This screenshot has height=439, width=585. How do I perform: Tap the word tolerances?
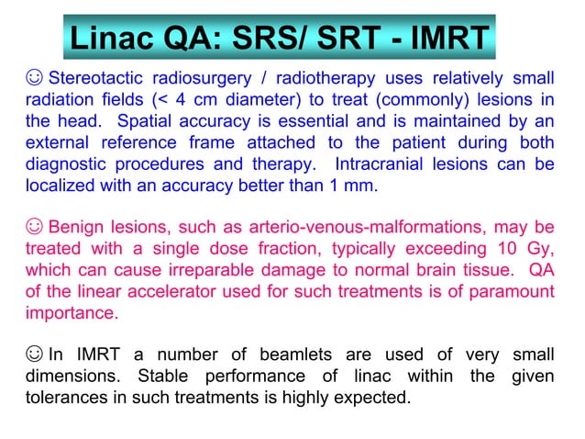[x=67, y=399]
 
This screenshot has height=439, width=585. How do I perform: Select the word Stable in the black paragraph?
[x=163, y=377]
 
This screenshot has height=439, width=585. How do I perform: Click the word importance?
[x=72, y=312]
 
